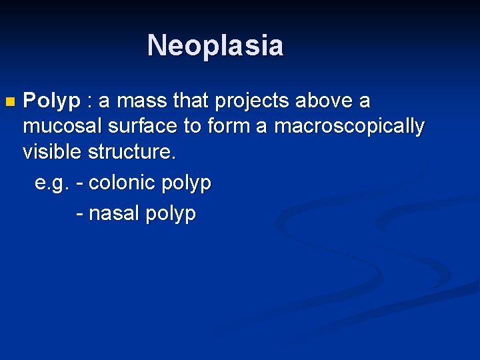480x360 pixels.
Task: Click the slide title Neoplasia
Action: (x=215, y=45)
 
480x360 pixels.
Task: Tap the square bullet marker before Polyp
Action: (x=9, y=103)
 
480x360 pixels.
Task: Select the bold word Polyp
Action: (x=51, y=102)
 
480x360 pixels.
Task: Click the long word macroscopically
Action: (x=349, y=127)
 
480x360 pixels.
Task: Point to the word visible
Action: (x=53, y=151)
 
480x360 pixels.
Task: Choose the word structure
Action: (x=132, y=151)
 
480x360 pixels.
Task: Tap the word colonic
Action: (x=122, y=183)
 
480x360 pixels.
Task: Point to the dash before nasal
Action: (x=80, y=214)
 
